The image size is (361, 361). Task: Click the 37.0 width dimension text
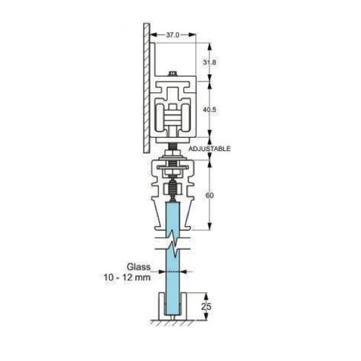[173, 34]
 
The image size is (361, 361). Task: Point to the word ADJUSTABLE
[209, 148]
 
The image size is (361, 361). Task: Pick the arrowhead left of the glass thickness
[163, 272]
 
